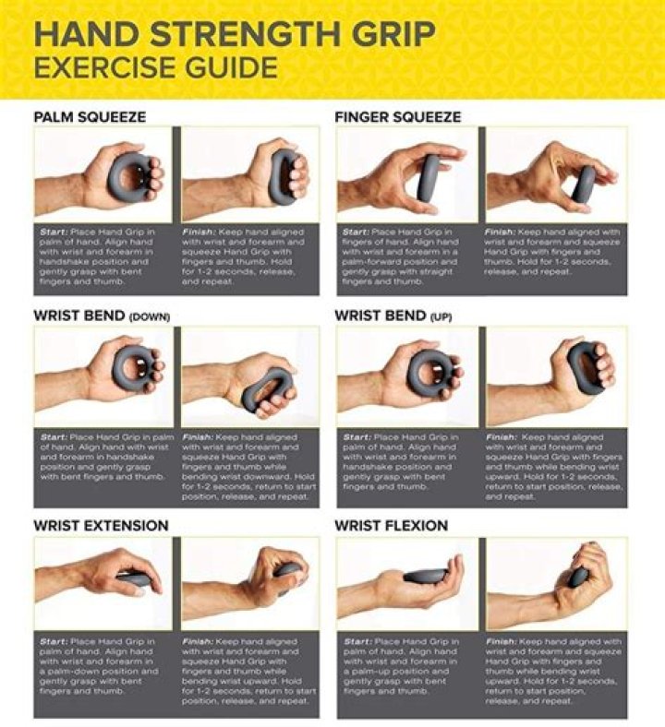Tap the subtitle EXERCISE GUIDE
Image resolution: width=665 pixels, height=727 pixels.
pyautogui.click(x=155, y=67)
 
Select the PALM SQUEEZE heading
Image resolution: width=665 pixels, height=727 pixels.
pyautogui.click(x=90, y=117)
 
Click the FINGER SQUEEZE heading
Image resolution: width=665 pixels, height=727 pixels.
pyautogui.click(x=397, y=117)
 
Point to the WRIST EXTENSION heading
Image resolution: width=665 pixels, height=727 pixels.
pyautogui.click(x=101, y=525)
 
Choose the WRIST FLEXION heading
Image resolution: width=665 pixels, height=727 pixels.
pyautogui.click(x=391, y=525)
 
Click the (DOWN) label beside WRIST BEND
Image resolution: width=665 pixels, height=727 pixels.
pyautogui.click(x=150, y=316)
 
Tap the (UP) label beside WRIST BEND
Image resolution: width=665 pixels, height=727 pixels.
pyautogui.click(x=441, y=316)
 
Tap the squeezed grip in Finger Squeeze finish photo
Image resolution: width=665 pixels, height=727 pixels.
pyautogui.click(x=584, y=184)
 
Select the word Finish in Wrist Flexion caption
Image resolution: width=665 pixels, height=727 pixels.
pyautogui.click(x=500, y=641)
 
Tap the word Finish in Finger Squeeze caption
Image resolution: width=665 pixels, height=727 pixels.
pyautogui.click(x=500, y=231)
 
